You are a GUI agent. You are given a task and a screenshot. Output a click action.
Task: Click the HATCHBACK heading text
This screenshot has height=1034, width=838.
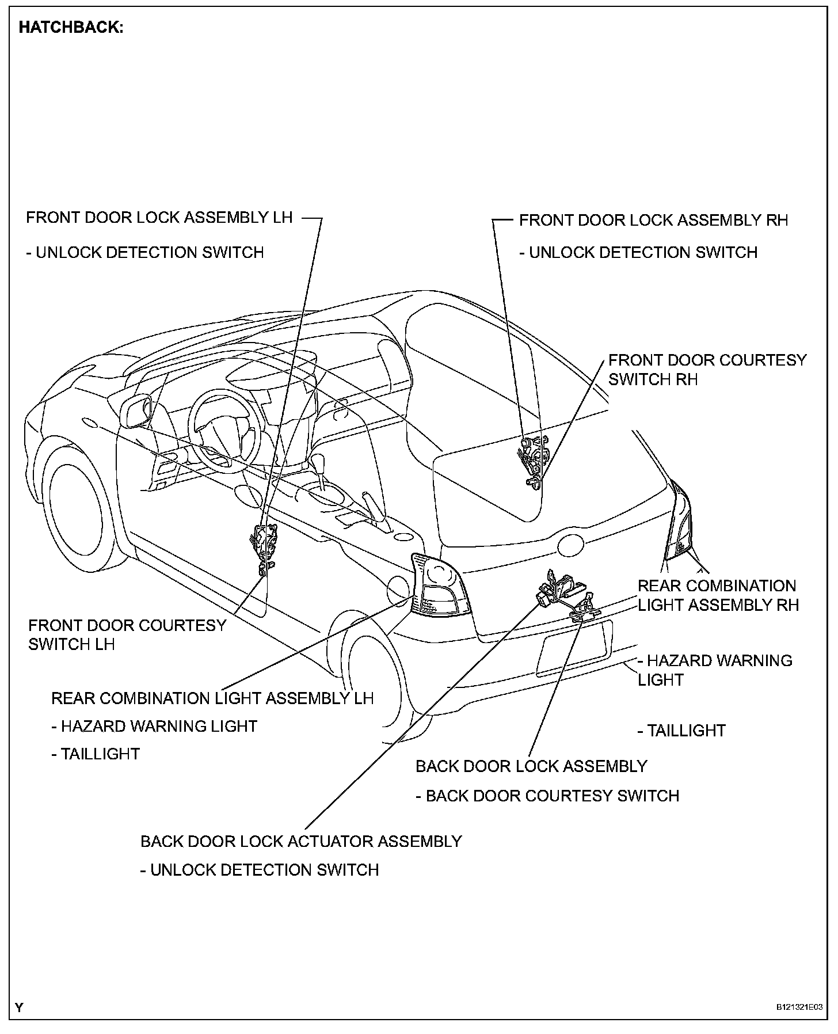(71, 28)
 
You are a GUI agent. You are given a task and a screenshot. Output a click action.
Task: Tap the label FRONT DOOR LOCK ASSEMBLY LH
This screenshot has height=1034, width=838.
(159, 218)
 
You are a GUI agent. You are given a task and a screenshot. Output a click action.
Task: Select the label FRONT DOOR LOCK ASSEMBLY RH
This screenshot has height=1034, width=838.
(653, 220)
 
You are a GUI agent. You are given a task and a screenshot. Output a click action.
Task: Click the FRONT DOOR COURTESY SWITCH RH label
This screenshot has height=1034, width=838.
(707, 370)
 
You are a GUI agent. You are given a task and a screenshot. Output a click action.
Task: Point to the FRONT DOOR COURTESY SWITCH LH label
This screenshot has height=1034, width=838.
(127, 634)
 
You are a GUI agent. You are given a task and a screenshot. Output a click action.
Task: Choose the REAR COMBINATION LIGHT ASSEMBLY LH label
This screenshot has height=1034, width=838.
(212, 698)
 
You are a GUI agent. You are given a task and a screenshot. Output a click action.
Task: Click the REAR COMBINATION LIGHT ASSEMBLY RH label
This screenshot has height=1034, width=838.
(718, 595)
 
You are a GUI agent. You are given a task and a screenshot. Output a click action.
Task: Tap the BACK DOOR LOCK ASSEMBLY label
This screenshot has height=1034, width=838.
(531, 766)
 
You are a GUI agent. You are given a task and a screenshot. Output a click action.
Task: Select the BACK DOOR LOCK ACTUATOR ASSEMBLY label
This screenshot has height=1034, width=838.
(301, 841)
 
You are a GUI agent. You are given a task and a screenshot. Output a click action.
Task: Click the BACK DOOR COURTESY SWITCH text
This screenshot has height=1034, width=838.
(553, 796)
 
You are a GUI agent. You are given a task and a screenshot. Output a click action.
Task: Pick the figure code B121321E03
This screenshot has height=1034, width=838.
(799, 1008)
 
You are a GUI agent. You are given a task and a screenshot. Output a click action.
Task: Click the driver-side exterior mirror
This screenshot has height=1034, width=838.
(136, 411)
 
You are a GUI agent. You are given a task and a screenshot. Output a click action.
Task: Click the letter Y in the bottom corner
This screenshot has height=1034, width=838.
(20, 1008)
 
